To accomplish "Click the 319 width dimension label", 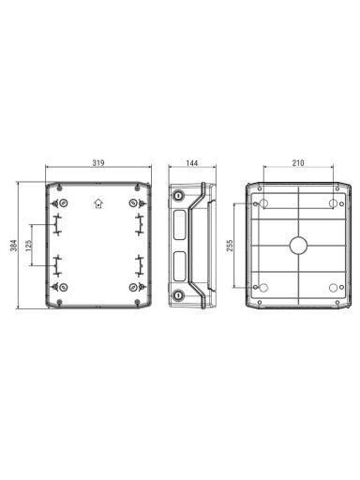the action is (98, 163).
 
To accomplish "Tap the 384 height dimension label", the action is (14, 246).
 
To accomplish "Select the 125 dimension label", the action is (28, 246).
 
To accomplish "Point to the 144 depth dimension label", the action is (192, 163).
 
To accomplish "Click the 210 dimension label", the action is (298, 163).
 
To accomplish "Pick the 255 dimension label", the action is (230, 246).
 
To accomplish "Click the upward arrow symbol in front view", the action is (98, 203).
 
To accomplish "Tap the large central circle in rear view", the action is (298, 246).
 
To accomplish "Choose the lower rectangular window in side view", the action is (179, 266).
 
